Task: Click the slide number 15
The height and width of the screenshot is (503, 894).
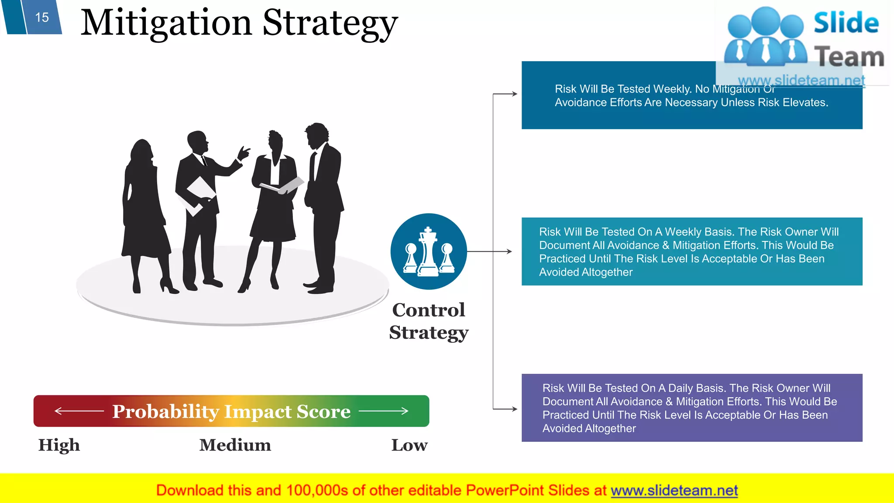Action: tap(42, 17)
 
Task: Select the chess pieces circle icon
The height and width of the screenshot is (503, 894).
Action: tap(428, 251)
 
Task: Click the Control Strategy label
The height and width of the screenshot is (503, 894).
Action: tap(429, 321)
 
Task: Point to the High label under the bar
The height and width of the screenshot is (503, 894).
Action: tap(59, 445)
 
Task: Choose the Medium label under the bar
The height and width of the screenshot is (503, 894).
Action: tap(235, 445)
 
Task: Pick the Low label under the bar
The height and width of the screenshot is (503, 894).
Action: tap(409, 445)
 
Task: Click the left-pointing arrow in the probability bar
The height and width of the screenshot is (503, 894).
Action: tap(79, 411)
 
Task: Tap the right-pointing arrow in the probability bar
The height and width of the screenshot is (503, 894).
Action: tap(384, 411)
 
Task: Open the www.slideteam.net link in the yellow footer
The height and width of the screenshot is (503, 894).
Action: tap(674, 490)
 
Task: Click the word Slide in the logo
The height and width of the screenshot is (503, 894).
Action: tap(846, 23)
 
